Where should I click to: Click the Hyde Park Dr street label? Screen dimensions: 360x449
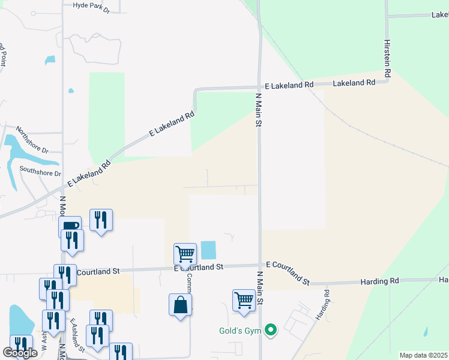coord(91,7)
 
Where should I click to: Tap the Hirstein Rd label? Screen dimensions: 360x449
coord(388,58)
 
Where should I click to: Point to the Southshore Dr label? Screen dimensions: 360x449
coord(40,170)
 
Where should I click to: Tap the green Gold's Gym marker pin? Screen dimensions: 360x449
coord(271,329)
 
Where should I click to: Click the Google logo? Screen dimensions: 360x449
coord(20,353)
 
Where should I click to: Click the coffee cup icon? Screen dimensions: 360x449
coord(70,226)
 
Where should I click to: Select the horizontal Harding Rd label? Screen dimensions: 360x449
coord(379,281)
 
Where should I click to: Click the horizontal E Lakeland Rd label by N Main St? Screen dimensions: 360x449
coord(289,86)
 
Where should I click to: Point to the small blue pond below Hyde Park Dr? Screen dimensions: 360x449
coord(49,61)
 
